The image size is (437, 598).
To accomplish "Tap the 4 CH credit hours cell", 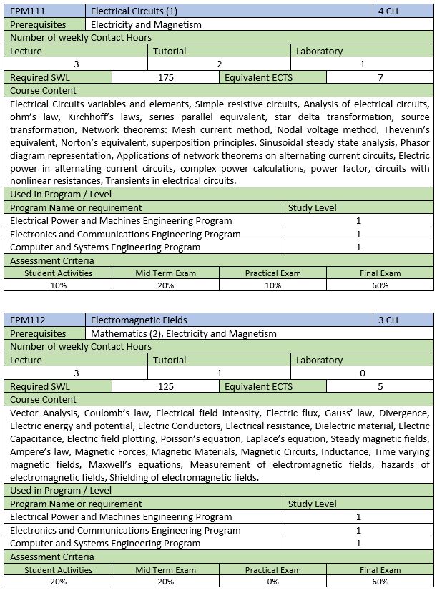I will [389, 11].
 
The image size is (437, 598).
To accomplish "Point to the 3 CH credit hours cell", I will [388, 320].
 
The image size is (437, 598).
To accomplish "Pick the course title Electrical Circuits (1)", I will [134, 11].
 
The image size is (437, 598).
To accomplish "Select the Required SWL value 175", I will [165, 77].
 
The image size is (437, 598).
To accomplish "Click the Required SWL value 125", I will [165, 386].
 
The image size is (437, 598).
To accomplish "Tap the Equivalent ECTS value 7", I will [380, 77].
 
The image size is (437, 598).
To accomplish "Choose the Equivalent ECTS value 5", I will [380, 386].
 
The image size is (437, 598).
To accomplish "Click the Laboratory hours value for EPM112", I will [363, 373].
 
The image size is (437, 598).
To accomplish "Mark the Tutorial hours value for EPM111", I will [220, 64].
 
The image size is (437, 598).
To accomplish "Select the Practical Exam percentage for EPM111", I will [272, 285].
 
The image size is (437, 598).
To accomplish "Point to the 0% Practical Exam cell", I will [272, 582].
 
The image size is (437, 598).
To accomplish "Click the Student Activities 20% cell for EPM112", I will [58, 582].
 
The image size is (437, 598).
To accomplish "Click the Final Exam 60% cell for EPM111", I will [380, 285].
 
